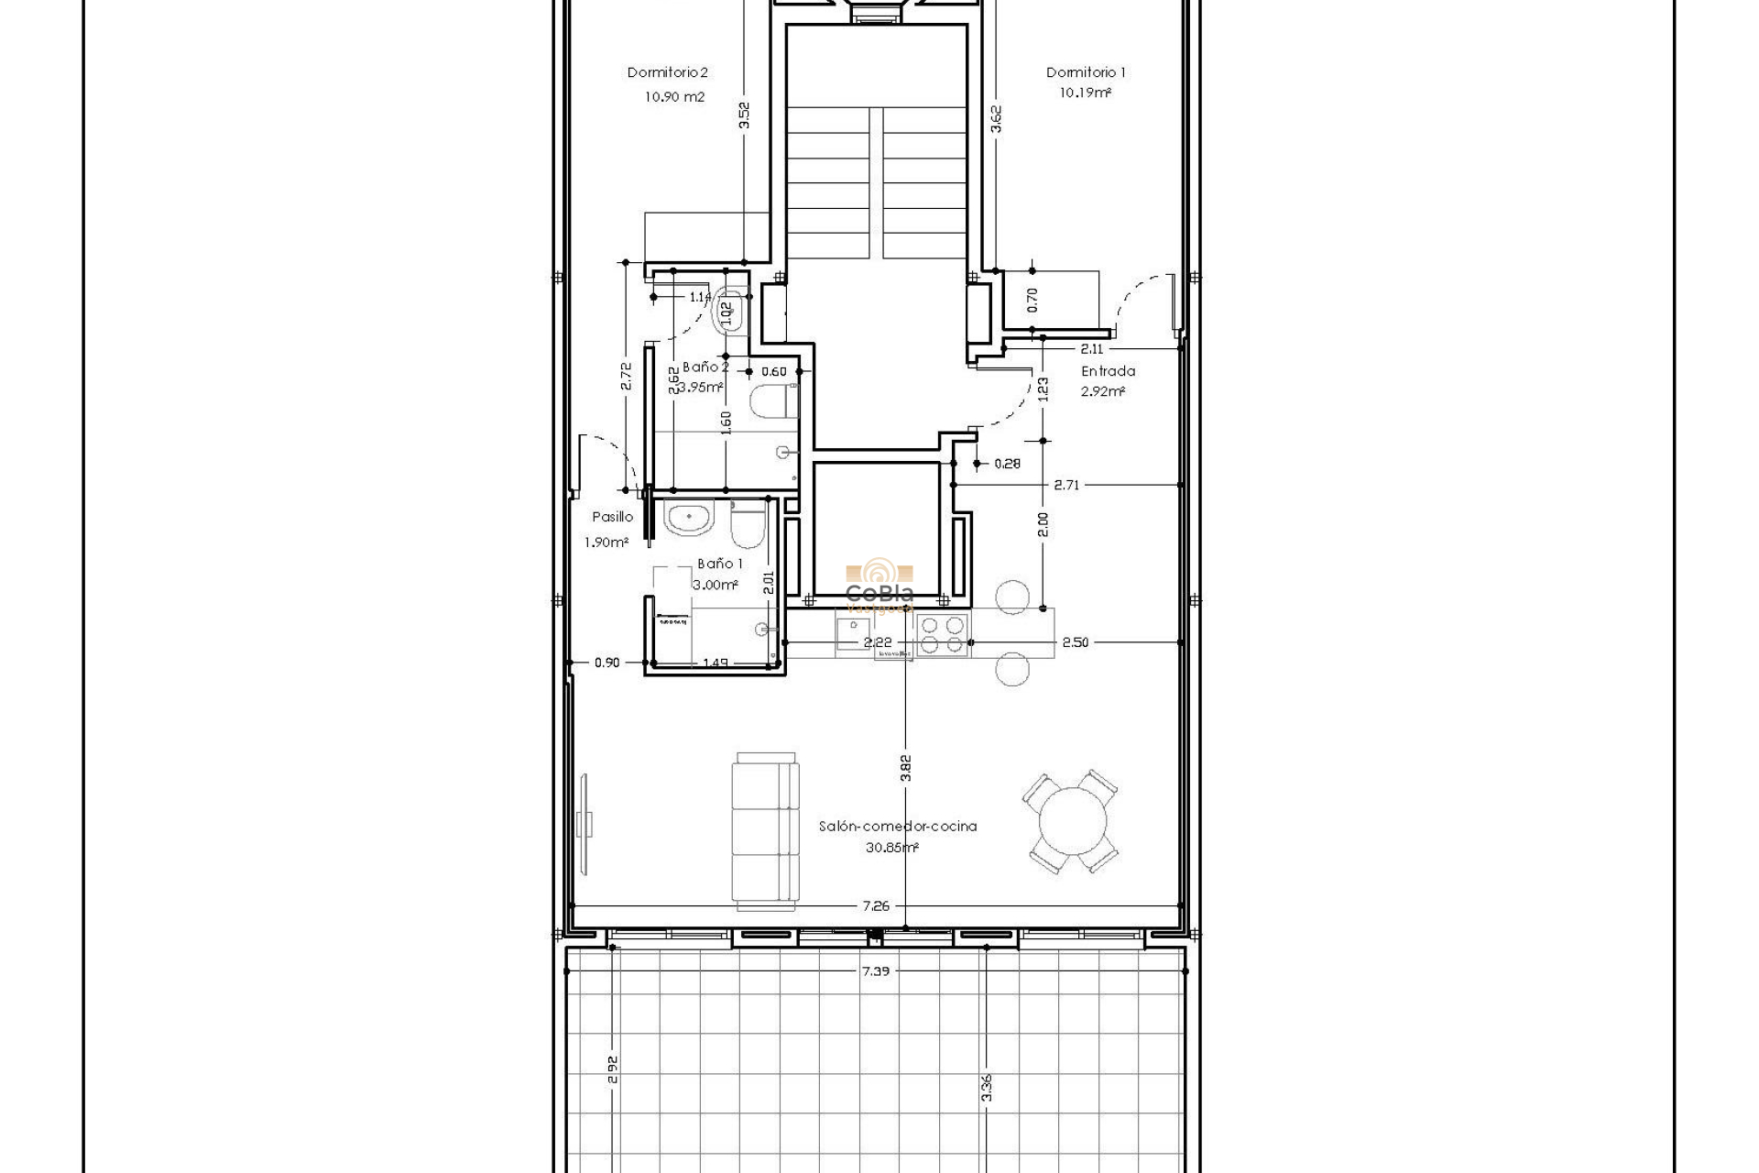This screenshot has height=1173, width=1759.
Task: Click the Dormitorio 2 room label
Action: pyautogui.click(x=667, y=72)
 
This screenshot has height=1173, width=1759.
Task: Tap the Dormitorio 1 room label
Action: pyautogui.click(x=1086, y=72)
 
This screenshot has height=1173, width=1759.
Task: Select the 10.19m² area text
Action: pyautogui.click(x=1086, y=93)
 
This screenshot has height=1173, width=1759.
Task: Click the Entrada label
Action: pyautogui.click(x=1108, y=371)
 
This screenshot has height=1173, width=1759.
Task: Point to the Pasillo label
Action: pyautogui.click(x=612, y=517)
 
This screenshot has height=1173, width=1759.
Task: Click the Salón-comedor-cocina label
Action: pyautogui.click(x=897, y=826)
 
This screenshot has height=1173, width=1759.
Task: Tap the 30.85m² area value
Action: pyautogui.click(x=891, y=848)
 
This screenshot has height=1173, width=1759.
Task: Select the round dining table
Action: pyautogui.click(x=1070, y=822)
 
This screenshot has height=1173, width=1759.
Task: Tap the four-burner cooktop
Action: pyautogui.click(x=943, y=635)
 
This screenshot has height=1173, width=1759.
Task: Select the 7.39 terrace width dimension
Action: pyautogui.click(x=875, y=970)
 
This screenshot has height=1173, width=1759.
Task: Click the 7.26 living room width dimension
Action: pyautogui.click(x=875, y=905)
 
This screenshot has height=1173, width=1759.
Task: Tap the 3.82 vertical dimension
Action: pyautogui.click(x=905, y=767)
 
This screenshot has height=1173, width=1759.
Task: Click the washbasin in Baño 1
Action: pyautogui.click(x=689, y=519)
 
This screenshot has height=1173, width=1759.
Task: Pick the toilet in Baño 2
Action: pyautogui.click(x=771, y=401)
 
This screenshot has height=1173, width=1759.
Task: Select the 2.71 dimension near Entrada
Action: pyautogui.click(x=1066, y=485)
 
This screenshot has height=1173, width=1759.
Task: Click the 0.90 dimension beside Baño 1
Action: pyautogui.click(x=606, y=663)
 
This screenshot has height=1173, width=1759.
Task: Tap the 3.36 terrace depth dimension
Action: pyautogui.click(x=986, y=1087)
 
